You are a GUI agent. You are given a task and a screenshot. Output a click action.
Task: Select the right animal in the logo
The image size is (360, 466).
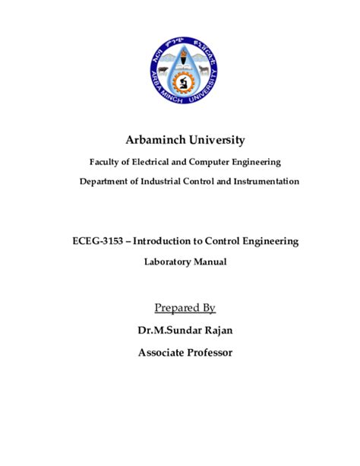[204, 71]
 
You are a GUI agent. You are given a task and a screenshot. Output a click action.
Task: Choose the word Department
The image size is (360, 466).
[106, 182]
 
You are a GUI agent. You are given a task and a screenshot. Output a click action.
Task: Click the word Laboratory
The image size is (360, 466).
[165, 262]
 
